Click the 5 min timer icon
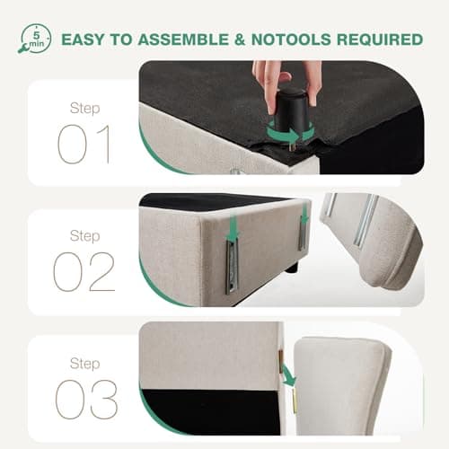click(35, 40)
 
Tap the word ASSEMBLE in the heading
click(183, 40)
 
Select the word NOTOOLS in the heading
click(291, 40)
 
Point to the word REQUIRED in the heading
click(380, 40)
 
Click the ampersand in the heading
click(240, 40)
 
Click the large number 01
click(84, 145)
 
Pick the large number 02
click(84, 271)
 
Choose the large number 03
click(86, 400)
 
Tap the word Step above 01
click(84, 109)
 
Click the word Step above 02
click(84, 236)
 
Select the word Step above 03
click(84, 364)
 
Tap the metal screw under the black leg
click(293, 146)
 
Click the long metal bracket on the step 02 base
click(233, 268)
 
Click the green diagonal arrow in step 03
click(289, 375)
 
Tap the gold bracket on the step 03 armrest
click(295, 401)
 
